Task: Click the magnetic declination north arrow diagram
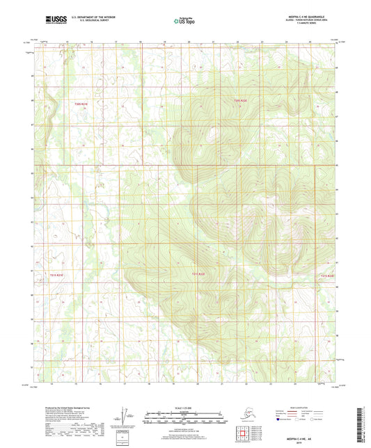click(x=125, y=416)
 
